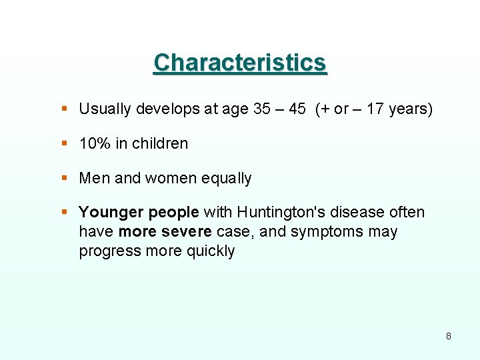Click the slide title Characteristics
point(240,63)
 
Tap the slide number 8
point(448,336)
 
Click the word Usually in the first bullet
point(105,109)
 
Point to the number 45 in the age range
point(297,109)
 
